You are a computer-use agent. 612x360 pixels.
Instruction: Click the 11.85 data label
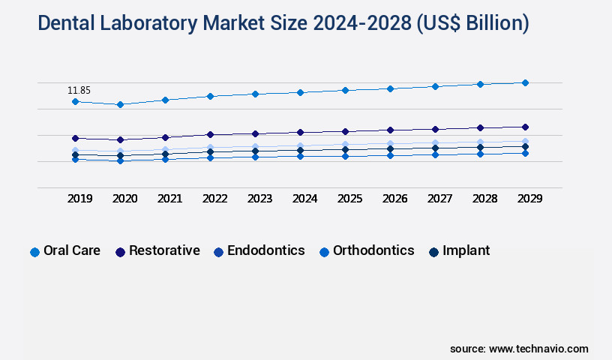(x=79, y=91)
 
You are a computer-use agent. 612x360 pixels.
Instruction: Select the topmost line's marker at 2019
(x=75, y=101)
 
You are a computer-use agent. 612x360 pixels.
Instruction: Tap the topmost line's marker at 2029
(x=525, y=82)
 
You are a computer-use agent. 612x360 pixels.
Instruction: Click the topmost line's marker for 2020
(x=120, y=104)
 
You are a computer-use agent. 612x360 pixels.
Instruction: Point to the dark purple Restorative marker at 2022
(x=210, y=134)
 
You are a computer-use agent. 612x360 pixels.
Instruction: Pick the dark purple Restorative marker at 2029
(x=525, y=127)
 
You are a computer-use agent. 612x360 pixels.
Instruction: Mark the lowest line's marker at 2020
(x=120, y=160)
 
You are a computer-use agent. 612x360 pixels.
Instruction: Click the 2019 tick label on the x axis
(x=79, y=199)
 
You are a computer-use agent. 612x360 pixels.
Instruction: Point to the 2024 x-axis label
(x=304, y=199)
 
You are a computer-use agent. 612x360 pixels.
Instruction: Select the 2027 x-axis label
(x=439, y=199)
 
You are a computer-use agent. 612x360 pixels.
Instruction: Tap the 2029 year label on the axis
(x=529, y=199)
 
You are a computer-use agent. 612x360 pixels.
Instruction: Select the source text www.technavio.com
(x=538, y=349)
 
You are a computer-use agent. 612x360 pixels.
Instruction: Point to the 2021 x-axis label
(x=169, y=199)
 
